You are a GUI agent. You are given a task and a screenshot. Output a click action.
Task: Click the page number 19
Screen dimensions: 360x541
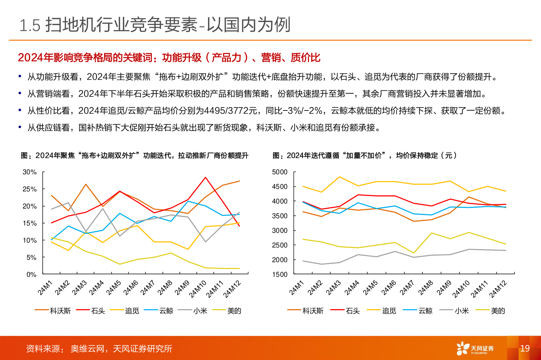pos(525,348)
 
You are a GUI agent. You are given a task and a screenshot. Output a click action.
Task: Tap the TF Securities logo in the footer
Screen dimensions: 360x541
pos(475,348)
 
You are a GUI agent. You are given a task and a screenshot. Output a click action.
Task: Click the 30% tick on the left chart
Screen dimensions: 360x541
pos(30,172)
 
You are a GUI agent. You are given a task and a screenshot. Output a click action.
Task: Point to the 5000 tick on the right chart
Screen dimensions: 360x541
pos(280,172)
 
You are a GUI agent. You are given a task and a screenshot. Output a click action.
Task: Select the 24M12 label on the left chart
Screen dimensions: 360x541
pos(232,289)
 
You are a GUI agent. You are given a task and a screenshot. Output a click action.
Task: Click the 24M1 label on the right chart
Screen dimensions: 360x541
pos(297,288)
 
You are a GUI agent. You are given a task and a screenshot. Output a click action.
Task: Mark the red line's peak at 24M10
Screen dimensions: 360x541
pos(206,178)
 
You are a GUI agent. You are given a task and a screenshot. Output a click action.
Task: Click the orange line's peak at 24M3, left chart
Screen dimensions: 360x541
pos(86,184)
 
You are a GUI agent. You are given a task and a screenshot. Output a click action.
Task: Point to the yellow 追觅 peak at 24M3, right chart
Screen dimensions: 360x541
pos(340,177)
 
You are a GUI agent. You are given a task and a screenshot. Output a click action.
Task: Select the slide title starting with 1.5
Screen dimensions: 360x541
pos(155,25)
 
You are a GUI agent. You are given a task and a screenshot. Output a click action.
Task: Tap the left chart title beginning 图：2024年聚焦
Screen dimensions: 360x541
pos(135,155)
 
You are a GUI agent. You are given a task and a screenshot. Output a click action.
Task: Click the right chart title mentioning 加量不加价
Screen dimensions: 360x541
pos(365,155)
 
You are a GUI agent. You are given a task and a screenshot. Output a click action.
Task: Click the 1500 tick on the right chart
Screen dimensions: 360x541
pos(280,274)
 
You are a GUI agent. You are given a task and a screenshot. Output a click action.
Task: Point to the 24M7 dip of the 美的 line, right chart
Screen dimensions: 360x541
pos(413,253)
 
